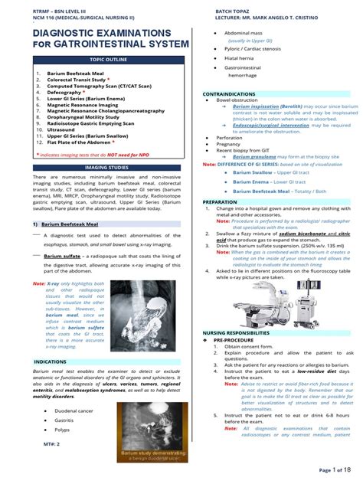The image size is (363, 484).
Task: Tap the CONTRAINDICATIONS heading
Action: pyautogui.click(x=231, y=93)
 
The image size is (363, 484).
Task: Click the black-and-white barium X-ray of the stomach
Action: pyautogui.click(x=141, y=306)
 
